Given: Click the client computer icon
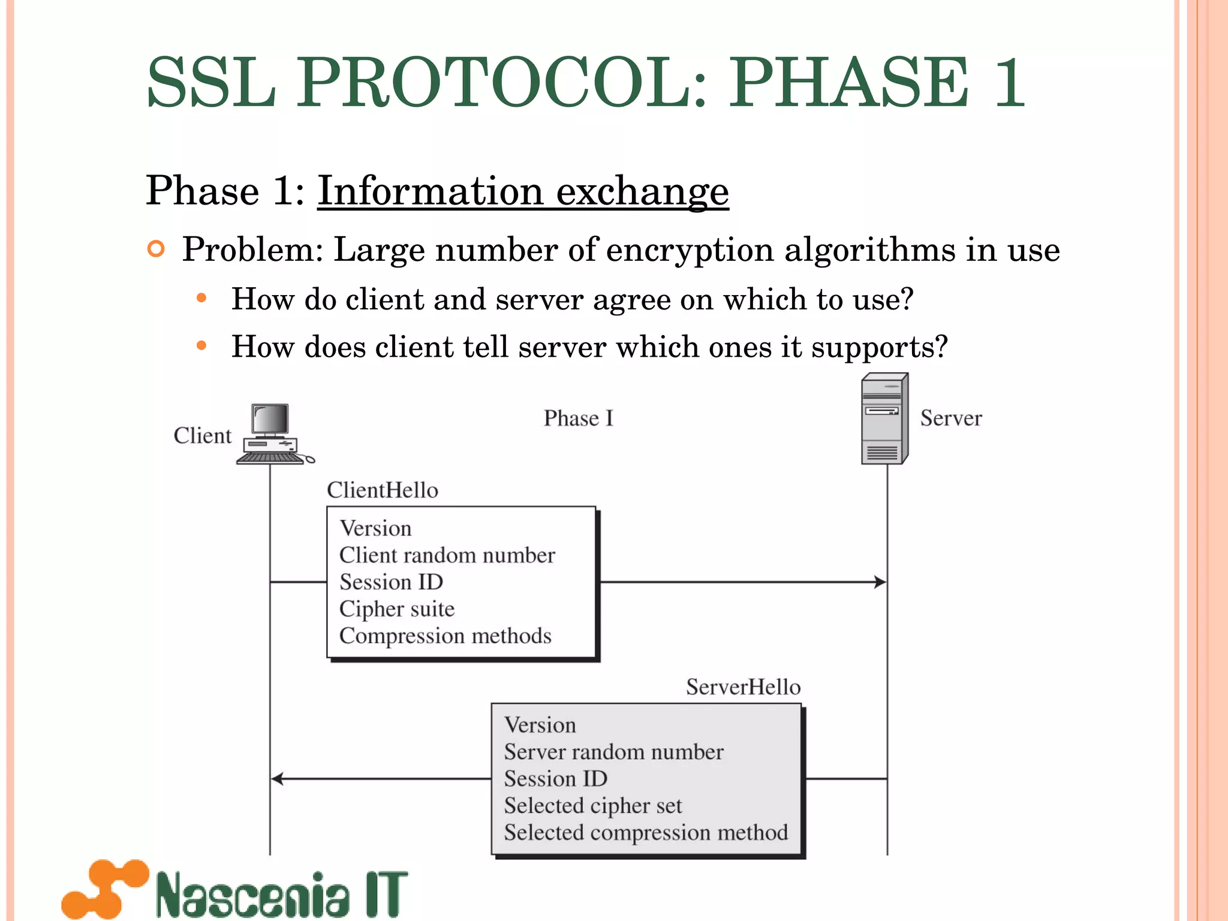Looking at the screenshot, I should click(272, 434).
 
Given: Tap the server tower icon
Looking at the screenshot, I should click(884, 419).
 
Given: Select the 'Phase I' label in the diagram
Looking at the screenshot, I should click(579, 419).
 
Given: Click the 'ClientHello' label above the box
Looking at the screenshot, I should click(383, 490).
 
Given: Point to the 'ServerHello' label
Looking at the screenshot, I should click(743, 687).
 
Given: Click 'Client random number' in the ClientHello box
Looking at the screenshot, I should click(447, 555).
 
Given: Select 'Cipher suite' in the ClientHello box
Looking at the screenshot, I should click(397, 609).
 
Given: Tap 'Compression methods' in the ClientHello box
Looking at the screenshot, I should click(446, 636).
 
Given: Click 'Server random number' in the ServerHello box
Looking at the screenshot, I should click(613, 752).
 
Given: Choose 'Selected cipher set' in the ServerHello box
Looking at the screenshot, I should click(593, 806).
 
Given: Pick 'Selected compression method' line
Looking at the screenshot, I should click(646, 833).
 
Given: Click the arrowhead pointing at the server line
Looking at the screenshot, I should click(880, 582).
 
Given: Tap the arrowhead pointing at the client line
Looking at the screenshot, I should click(277, 779).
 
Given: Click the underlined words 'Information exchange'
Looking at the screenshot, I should click(523, 191).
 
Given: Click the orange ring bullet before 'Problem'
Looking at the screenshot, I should click(156, 249).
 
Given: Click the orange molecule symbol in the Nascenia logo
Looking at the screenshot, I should click(106, 889).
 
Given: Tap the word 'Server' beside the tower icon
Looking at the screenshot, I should click(951, 419).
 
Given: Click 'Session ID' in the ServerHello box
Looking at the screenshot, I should click(556, 779).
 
